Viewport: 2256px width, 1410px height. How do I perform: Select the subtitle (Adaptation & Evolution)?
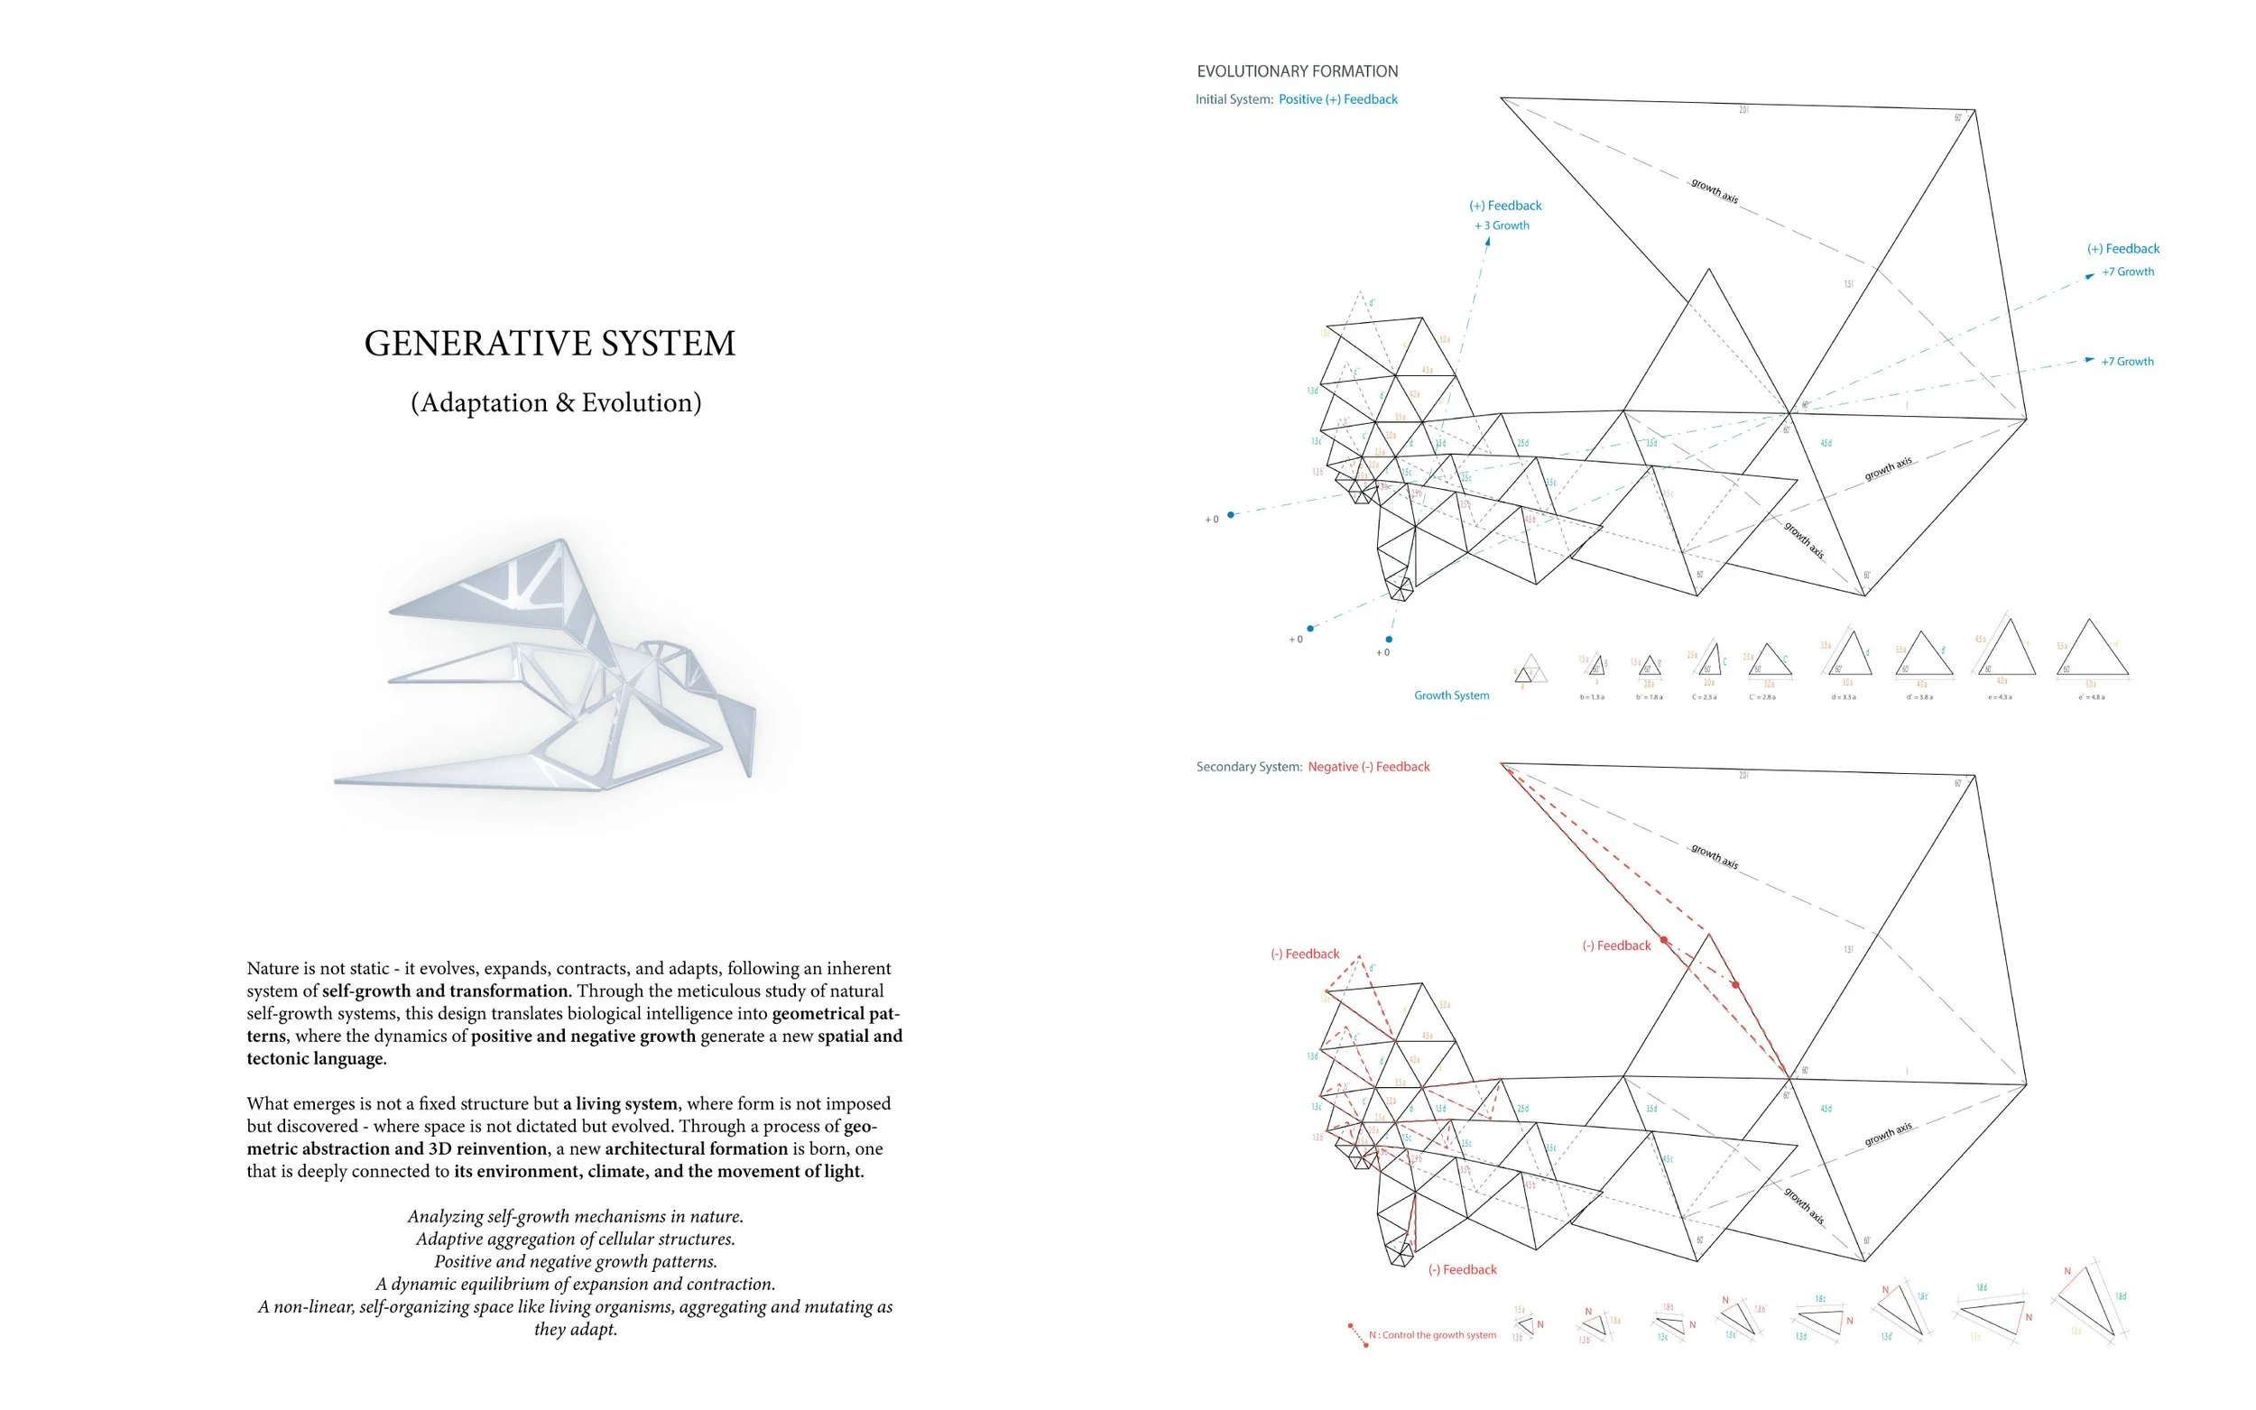[x=556, y=402]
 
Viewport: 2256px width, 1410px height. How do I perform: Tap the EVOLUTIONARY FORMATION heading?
[x=1298, y=71]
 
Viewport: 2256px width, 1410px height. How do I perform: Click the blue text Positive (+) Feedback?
[x=1337, y=99]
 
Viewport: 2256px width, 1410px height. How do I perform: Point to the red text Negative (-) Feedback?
[x=1368, y=767]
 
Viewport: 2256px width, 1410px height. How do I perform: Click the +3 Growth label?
[x=1502, y=226]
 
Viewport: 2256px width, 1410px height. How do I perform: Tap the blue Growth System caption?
[x=1451, y=695]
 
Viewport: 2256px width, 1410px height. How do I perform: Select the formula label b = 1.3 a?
[x=1592, y=697]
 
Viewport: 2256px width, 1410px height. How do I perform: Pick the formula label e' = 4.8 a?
[x=2091, y=697]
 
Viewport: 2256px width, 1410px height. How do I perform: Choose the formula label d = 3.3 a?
[x=1843, y=697]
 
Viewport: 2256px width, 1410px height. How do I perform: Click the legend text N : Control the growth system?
[x=1431, y=1335]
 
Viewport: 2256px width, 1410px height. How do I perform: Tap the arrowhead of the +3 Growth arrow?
[x=1488, y=241]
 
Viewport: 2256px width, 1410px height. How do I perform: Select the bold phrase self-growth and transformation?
[x=445, y=991]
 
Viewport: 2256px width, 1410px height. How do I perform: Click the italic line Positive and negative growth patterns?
[x=576, y=1261]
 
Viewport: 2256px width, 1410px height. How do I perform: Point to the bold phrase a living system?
[x=620, y=1103]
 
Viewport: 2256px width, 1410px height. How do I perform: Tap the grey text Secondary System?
[x=1249, y=767]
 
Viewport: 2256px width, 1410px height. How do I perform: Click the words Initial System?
[x=1234, y=99]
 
